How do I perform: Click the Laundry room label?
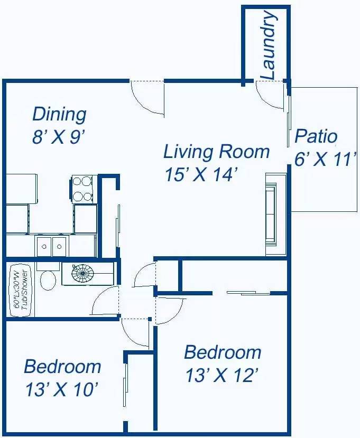tap(269, 45)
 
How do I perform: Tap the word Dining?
tap(59, 114)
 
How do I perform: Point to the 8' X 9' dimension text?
tap(59, 137)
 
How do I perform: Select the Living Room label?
tap(216, 152)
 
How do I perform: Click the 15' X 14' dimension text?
tap(201, 174)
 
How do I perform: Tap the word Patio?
tap(316, 136)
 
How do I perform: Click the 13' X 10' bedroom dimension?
tap(62, 389)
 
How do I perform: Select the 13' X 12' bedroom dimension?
tap(221, 375)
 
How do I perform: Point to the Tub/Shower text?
tap(25, 290)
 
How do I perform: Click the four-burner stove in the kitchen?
tap(85, 189)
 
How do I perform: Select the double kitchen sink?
tap(52, 246)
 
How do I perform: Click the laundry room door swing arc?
tap(270, 96)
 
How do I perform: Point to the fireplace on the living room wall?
tap(275, 214)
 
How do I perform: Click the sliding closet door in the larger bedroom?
tap(248, 293)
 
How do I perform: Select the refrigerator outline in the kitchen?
tap(22, 189)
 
